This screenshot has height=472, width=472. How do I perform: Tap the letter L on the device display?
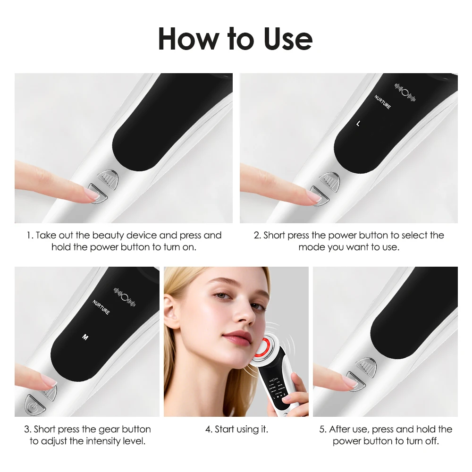click(358, 124)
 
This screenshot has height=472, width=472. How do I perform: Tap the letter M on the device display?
click(85, 337)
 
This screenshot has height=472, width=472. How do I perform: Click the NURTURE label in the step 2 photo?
click(382, 103)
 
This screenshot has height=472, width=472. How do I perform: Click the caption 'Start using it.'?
click(236, 430)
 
